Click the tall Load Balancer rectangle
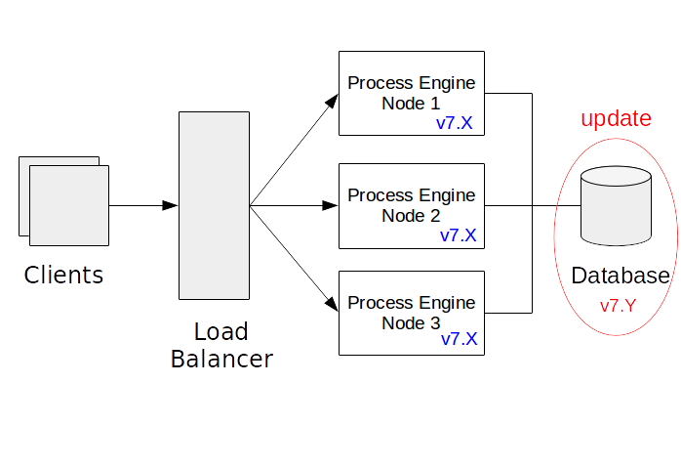[214, 205]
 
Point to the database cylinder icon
[616, 206]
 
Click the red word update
[616, 119]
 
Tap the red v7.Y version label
[618, 305]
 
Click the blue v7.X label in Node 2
[458, 235]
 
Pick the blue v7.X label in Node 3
[459, 340]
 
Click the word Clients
[63, 276]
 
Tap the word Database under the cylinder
[621, 276]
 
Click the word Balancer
[221, 360]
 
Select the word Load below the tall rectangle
[220, 332]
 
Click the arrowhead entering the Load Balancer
[171, 205]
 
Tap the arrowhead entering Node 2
[330, 205]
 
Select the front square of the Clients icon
[69, 204]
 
